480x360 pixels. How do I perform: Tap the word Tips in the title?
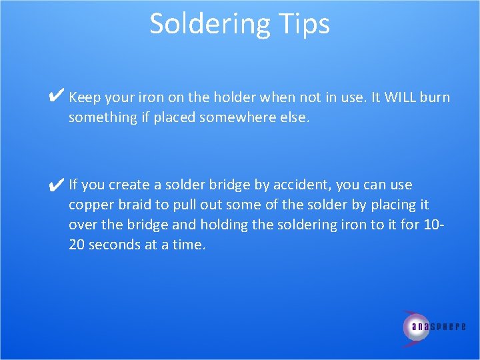click(x=301, y=24)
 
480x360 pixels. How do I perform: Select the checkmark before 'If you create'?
click(x=57, y=183)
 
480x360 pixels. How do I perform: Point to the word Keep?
click(x=84, y=98)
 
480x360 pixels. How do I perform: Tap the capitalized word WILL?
click(x=399, y=98)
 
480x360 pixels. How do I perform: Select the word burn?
click(x=435, y=98)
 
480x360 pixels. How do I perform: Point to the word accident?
click(x=304, y=185)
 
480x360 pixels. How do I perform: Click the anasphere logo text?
click(x=439, y=327)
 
